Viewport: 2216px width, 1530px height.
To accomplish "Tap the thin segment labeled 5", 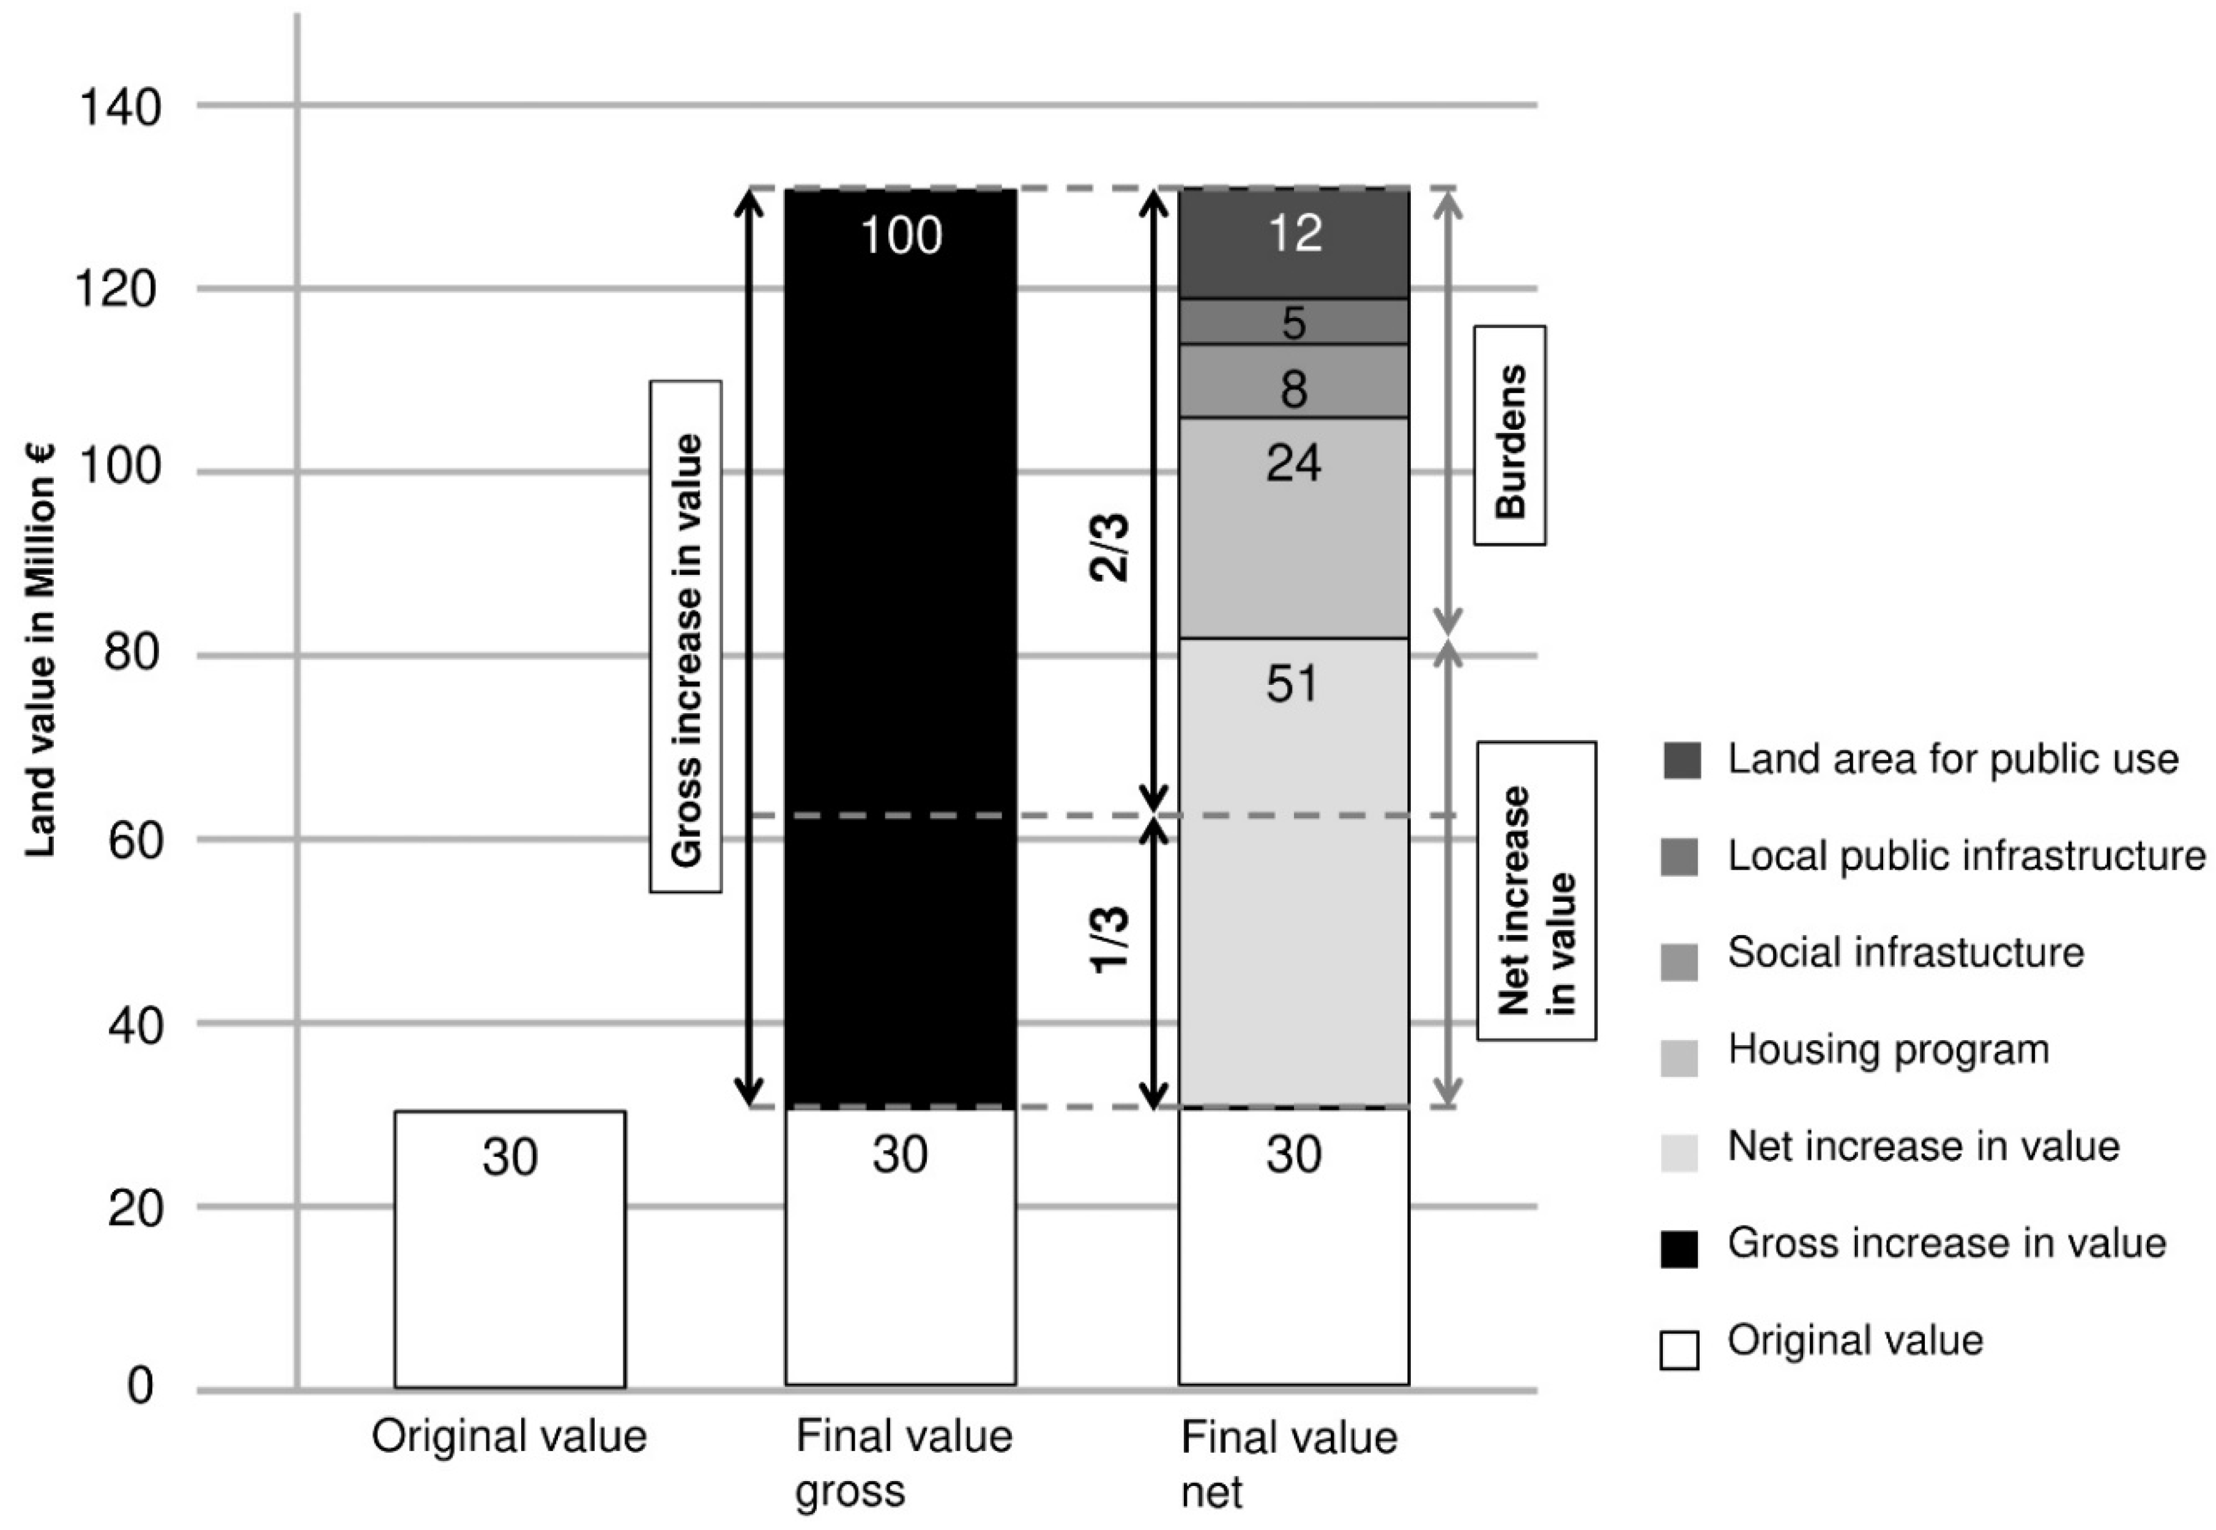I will pyautogui.click(x=1293, y=322).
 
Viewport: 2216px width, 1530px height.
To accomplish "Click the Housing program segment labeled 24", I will pyautogui.click(x=1293, y=527).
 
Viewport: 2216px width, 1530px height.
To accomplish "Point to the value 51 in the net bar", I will pyautogui.click(x=1292, y=684).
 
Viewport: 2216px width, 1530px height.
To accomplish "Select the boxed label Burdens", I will pyautogui.click(x=1509, y=436).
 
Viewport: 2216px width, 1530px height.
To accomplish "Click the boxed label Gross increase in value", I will pyautogui.click(x=686, y=637).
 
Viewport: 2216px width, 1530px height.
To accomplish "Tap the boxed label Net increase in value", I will pyautogui.click(x=1536, y=890).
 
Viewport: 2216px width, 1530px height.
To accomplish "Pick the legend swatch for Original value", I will pyautogui.click(x=1679, y=1350).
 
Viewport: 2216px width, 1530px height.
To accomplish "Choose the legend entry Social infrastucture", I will pyautogui.click(x=1905, y=953).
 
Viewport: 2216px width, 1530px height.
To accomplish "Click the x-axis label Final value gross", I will pyautogui.click(x=903, y=1463).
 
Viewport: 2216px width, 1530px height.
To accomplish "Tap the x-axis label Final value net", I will pyautogui.click(x=1288, y=1463).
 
